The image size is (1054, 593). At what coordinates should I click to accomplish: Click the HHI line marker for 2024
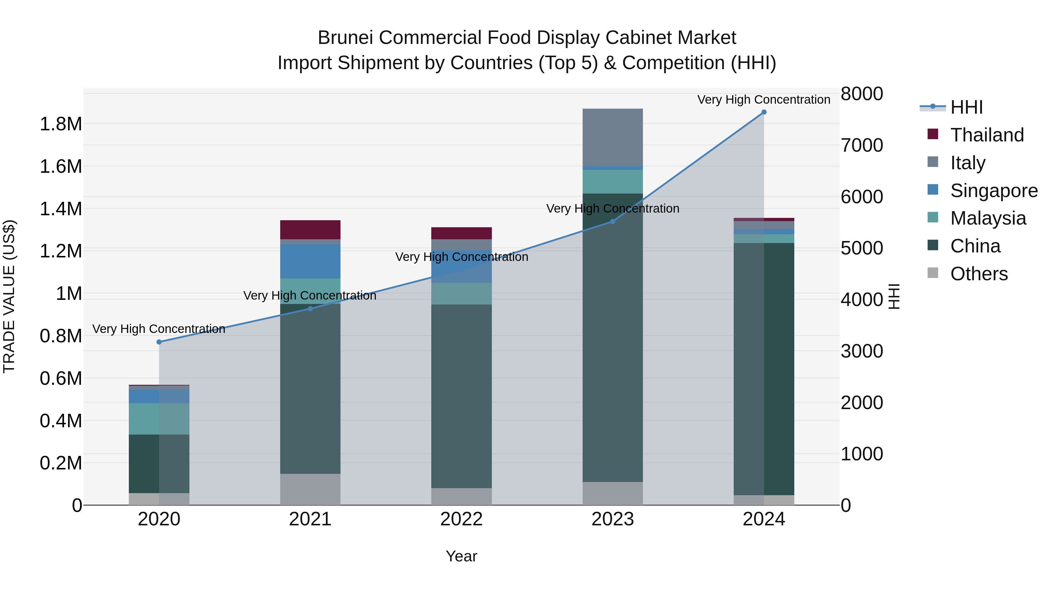point(764,112)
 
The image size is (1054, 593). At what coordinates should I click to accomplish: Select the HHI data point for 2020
point(159,342)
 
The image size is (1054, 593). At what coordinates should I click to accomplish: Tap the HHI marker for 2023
point(612,221)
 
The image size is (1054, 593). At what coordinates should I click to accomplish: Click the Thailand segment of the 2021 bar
point(310,230)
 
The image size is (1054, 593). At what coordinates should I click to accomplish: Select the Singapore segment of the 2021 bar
point(310,261)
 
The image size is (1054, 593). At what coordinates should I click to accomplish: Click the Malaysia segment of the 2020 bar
point(159,419)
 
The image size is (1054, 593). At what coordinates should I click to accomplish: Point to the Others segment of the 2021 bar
point(310,489)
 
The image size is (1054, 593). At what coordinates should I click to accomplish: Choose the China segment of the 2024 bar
point(764,368)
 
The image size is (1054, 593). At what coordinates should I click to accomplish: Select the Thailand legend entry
point(986,135)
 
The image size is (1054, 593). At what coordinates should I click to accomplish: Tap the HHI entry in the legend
point(966,107)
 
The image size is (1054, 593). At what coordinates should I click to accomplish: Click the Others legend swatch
point(933,273)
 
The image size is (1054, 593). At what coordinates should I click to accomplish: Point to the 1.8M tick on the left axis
point(61,124)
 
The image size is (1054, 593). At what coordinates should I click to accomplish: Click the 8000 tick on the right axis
point(862,94)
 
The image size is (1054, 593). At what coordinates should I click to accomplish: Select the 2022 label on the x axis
point(461,519)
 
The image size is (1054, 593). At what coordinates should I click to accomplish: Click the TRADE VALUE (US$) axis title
point(9,296)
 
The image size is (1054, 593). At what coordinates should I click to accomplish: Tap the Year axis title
point(461,556)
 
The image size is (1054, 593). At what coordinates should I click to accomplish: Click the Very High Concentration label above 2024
point(764,100)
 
